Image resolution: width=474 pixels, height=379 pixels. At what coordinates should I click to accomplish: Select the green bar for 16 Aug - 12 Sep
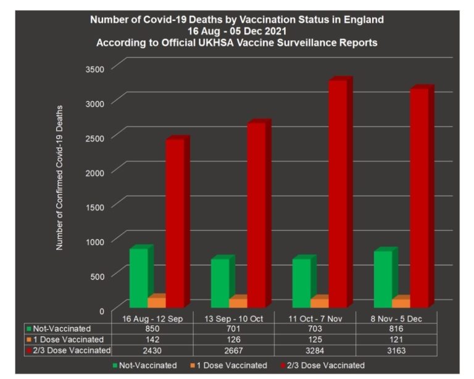pos(138,277)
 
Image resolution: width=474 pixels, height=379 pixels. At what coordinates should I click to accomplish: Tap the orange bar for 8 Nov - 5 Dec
pos(401,302)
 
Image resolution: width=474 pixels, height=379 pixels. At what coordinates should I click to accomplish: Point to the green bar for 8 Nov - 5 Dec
pos(383,278)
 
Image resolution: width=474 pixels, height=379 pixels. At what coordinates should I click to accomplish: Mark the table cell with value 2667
pos(233,350)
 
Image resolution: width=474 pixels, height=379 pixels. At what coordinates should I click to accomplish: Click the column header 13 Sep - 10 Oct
pos(233,317)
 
